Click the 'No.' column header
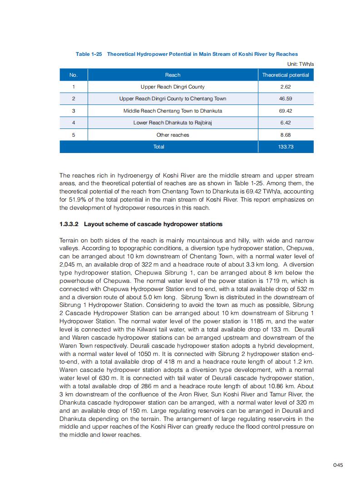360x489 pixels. click(73, 75)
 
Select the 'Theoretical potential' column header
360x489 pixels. click(286, 75)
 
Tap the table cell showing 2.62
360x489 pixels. click(286, 87)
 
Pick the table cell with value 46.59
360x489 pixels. click(286, 99)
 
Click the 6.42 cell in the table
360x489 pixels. click(286, 123)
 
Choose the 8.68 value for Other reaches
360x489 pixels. click(286, 135)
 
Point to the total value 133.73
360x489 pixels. click(286, 147)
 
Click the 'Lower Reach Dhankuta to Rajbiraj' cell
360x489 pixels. click(173, 123)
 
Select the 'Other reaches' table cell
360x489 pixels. click(173, 135)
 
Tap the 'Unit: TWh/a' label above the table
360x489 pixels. click(301, 64)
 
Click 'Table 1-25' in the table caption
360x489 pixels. click(89, 54)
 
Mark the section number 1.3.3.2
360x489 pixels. click(69, 224)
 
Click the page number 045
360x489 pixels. click(338, 464)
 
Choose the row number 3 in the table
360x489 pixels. click(73, 111)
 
